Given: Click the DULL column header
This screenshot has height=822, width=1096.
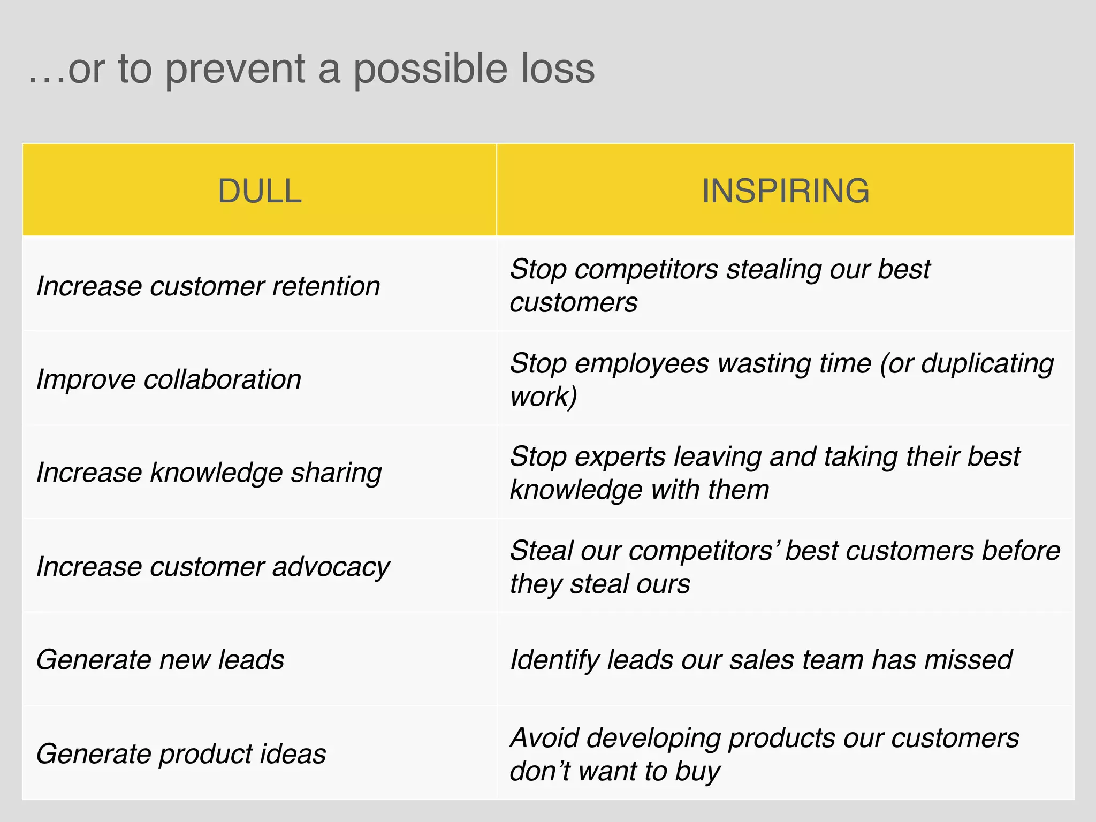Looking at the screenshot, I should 260,191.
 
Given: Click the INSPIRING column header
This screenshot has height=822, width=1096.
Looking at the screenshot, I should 785,191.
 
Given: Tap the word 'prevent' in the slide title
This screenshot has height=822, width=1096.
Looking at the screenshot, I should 235,70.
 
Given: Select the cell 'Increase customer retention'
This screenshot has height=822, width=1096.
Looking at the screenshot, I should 208,286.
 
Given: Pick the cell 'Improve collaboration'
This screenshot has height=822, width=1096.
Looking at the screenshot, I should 169,379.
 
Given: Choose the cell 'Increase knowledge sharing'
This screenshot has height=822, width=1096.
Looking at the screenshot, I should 209,473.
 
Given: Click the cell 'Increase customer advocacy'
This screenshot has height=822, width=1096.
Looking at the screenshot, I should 213,567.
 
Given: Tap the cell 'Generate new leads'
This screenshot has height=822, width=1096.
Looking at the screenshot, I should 160,659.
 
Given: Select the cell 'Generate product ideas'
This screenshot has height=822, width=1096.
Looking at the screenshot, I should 181,753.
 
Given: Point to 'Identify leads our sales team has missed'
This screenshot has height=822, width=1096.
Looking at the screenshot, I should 760,659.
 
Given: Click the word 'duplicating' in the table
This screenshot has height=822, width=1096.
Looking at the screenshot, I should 987,364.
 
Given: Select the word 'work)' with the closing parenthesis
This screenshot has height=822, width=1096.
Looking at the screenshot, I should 543,397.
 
